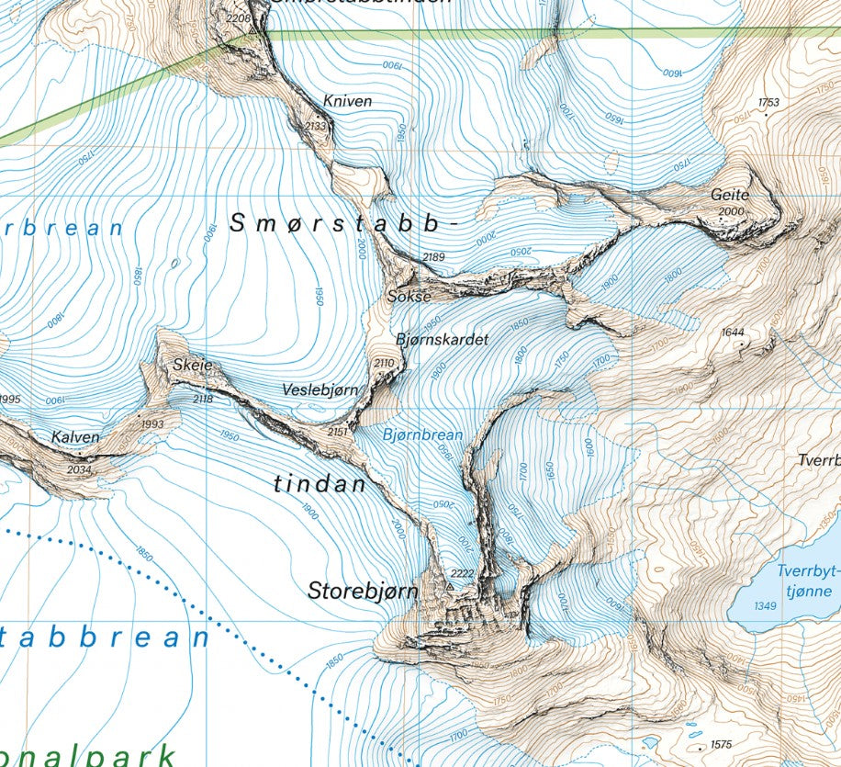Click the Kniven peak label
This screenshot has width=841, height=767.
tap(347, 101)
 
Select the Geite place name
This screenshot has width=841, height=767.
tap(730, 195)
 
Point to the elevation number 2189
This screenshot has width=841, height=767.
tap(433, 257)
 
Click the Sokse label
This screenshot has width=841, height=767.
tap(409, 297)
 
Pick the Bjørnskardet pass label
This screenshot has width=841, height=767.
tap(442, 339)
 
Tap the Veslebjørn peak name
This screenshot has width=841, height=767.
tap(320, 390)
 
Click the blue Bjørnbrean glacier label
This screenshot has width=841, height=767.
tap(422, 434)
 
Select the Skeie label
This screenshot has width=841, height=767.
tap(192, 365)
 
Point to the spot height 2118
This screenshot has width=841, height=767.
tap(204, 399)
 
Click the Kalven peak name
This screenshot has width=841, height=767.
tap(75, 437)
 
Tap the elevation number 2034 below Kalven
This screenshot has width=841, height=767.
tap(80, 469)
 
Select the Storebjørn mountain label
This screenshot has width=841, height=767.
tap(363, 590)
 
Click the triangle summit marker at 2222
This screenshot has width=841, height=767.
tap(450, 585)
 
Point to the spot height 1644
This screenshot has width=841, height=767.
tap(733, 332)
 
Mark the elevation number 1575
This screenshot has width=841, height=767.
tap(720, 744)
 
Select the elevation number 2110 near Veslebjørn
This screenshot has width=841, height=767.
tap(384, 364)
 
